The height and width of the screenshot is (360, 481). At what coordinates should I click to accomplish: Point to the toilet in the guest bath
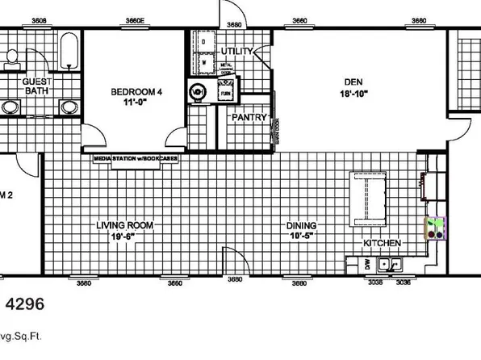coord(14,56)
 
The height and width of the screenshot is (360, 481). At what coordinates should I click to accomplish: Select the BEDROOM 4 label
coord(136,92)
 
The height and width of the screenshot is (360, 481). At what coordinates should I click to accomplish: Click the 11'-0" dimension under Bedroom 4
coord(136,103)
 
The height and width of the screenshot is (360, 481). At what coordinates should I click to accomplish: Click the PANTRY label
coord(249,117)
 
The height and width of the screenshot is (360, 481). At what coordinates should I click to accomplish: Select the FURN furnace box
coord(224,93)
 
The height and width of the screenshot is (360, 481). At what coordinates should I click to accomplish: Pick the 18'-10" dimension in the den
coord(354,94)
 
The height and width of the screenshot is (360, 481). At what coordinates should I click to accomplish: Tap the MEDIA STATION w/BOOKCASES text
coord(136,158)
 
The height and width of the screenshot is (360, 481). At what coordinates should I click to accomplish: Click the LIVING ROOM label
coord(124,225)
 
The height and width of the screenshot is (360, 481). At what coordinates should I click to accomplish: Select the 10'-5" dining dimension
coord(302,237)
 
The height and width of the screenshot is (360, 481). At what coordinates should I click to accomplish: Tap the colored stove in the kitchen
coord(436,228)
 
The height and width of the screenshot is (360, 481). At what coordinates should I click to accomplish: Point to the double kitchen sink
coord(391,264)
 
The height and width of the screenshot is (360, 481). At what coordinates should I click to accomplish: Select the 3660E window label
coord(135,20)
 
